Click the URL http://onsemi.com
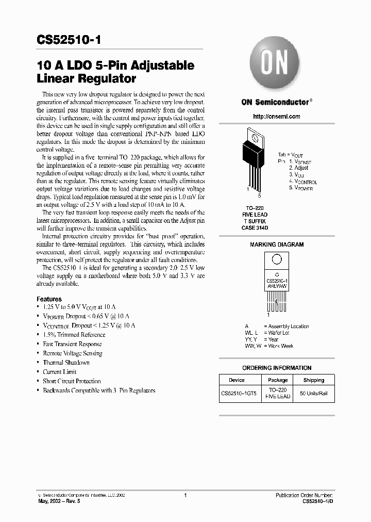pyautogui.click(x=277, y=117)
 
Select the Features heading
pyautogui.click(x=49, y=299)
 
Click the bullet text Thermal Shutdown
pyautogui.click(x=66, y=363)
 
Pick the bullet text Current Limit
pyautogui.click(x=59, y=372)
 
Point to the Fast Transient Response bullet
pyautogui.click(x=72, y=344)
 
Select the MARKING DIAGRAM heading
pyautogui.click(x=277, y=244)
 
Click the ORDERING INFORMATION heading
pyautogui.click(x=277, y=368)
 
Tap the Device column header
pyautogui.click(x=237, y=380)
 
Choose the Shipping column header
pyautogui.click(x=313, y=380)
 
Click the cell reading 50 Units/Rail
pyautogui.click(x=313, y=394)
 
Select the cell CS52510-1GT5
pyautogui.click(x=239, y=394)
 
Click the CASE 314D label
pyautogui.click(x=255, y=227)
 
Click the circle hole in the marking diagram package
pyautogui.click(x=277, y=259)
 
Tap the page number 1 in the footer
pyautogui.click(x=185, y=495)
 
